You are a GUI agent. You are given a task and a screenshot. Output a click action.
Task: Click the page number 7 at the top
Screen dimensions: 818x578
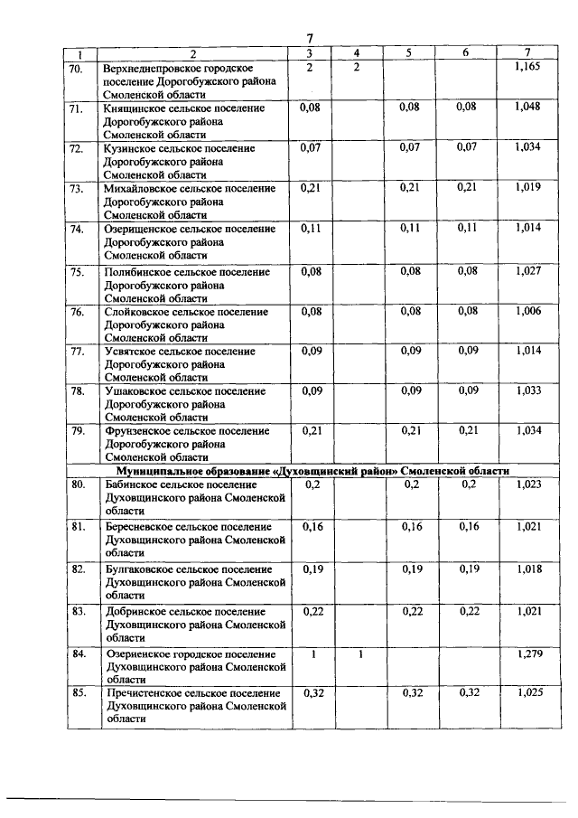[x=310, y=38]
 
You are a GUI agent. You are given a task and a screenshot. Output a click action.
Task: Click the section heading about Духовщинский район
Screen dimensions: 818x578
[x=313, y=471]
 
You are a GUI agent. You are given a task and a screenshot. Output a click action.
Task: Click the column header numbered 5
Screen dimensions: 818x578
[x=408, y=52]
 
